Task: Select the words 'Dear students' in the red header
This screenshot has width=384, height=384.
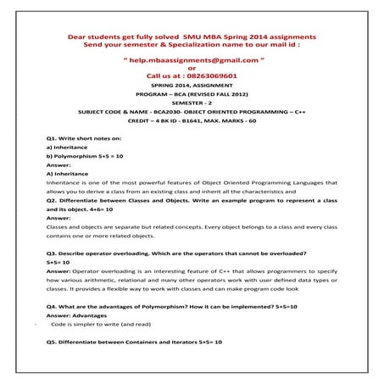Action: [88, 38]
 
